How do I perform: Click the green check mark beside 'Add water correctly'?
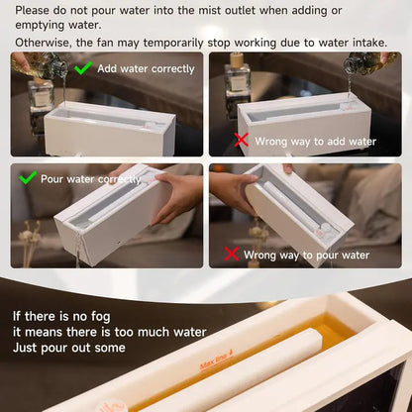click(x=84, y=68)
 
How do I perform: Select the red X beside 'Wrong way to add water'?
click(x=241, y=142)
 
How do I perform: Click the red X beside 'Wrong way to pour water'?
click(x=230, y=255)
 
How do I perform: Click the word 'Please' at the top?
click(x=36, y=10)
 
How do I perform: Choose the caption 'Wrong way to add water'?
click(x=316, y=142)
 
